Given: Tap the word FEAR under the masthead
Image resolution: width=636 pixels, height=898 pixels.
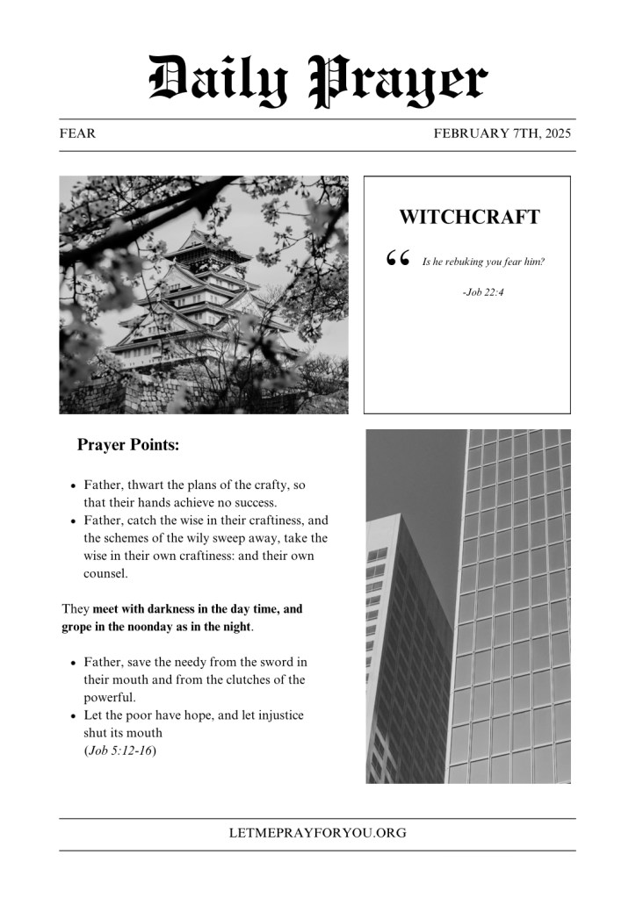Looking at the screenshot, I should pos(77,134).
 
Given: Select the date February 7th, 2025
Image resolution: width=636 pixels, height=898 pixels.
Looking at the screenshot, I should pos(502,134).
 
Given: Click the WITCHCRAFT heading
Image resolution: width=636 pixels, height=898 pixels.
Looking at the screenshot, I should pos(469,217).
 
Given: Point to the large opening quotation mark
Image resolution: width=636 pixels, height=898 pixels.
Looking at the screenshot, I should pos(398,259).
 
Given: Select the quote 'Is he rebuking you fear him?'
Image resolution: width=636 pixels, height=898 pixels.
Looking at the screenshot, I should pos(483,262).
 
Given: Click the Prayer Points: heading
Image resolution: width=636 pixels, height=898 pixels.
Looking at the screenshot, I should pos(128,445).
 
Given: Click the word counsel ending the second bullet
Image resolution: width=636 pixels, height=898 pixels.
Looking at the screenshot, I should pos(105,574).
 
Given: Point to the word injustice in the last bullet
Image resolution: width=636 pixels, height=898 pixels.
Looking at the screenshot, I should pos(276,715).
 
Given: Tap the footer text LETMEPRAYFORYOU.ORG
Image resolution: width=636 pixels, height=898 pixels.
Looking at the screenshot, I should pos(317,833).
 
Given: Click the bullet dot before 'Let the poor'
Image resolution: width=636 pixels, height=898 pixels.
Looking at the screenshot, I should pos(73,716).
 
